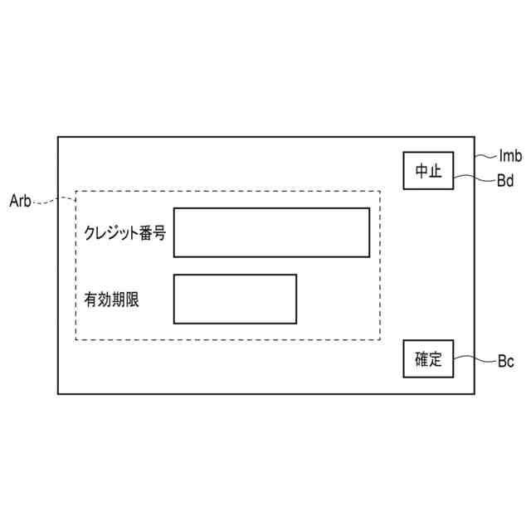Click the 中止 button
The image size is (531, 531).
429,171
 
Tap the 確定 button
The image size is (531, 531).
429,359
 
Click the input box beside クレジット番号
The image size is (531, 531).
271,232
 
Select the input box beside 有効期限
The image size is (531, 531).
235,299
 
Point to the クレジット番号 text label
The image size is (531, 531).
124,233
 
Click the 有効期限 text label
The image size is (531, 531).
111,300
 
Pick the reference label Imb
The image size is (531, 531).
510,155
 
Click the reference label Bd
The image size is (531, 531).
505,180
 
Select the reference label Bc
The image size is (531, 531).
505,362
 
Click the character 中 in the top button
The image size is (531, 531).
421,171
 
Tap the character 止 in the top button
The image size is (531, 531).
436,171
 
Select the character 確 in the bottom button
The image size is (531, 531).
421,359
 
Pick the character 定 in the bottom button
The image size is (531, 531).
436,359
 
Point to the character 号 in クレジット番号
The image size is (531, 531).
158,233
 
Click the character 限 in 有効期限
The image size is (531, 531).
131,300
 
